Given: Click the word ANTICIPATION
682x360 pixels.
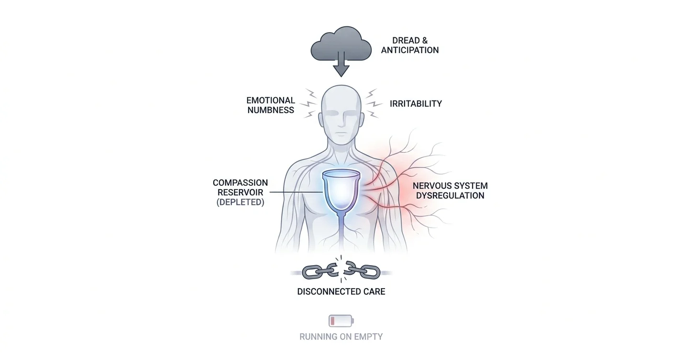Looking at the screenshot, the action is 410,50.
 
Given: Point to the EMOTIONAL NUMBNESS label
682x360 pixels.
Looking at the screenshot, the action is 271,105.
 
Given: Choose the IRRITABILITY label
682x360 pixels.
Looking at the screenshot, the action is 416,104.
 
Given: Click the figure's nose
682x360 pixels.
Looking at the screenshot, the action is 341,120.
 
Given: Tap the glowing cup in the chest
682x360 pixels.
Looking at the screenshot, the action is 341,190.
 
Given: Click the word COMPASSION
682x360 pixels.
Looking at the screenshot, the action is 240,182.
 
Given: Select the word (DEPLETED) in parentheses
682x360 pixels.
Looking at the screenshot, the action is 240,202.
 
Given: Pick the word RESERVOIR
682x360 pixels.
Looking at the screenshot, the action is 240,192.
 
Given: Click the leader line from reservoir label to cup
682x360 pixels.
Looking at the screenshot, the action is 296,192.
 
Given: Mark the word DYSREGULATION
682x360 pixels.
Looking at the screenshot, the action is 450,195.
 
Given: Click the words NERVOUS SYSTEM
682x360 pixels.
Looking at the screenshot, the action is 450,186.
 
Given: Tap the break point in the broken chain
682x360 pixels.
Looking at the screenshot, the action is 341,270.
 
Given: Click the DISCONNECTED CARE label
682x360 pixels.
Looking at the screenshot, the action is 341,292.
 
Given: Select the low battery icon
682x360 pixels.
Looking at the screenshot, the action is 341,321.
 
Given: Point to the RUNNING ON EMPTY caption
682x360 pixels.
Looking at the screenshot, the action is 341,337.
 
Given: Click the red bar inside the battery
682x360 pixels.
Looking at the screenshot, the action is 332,321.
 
